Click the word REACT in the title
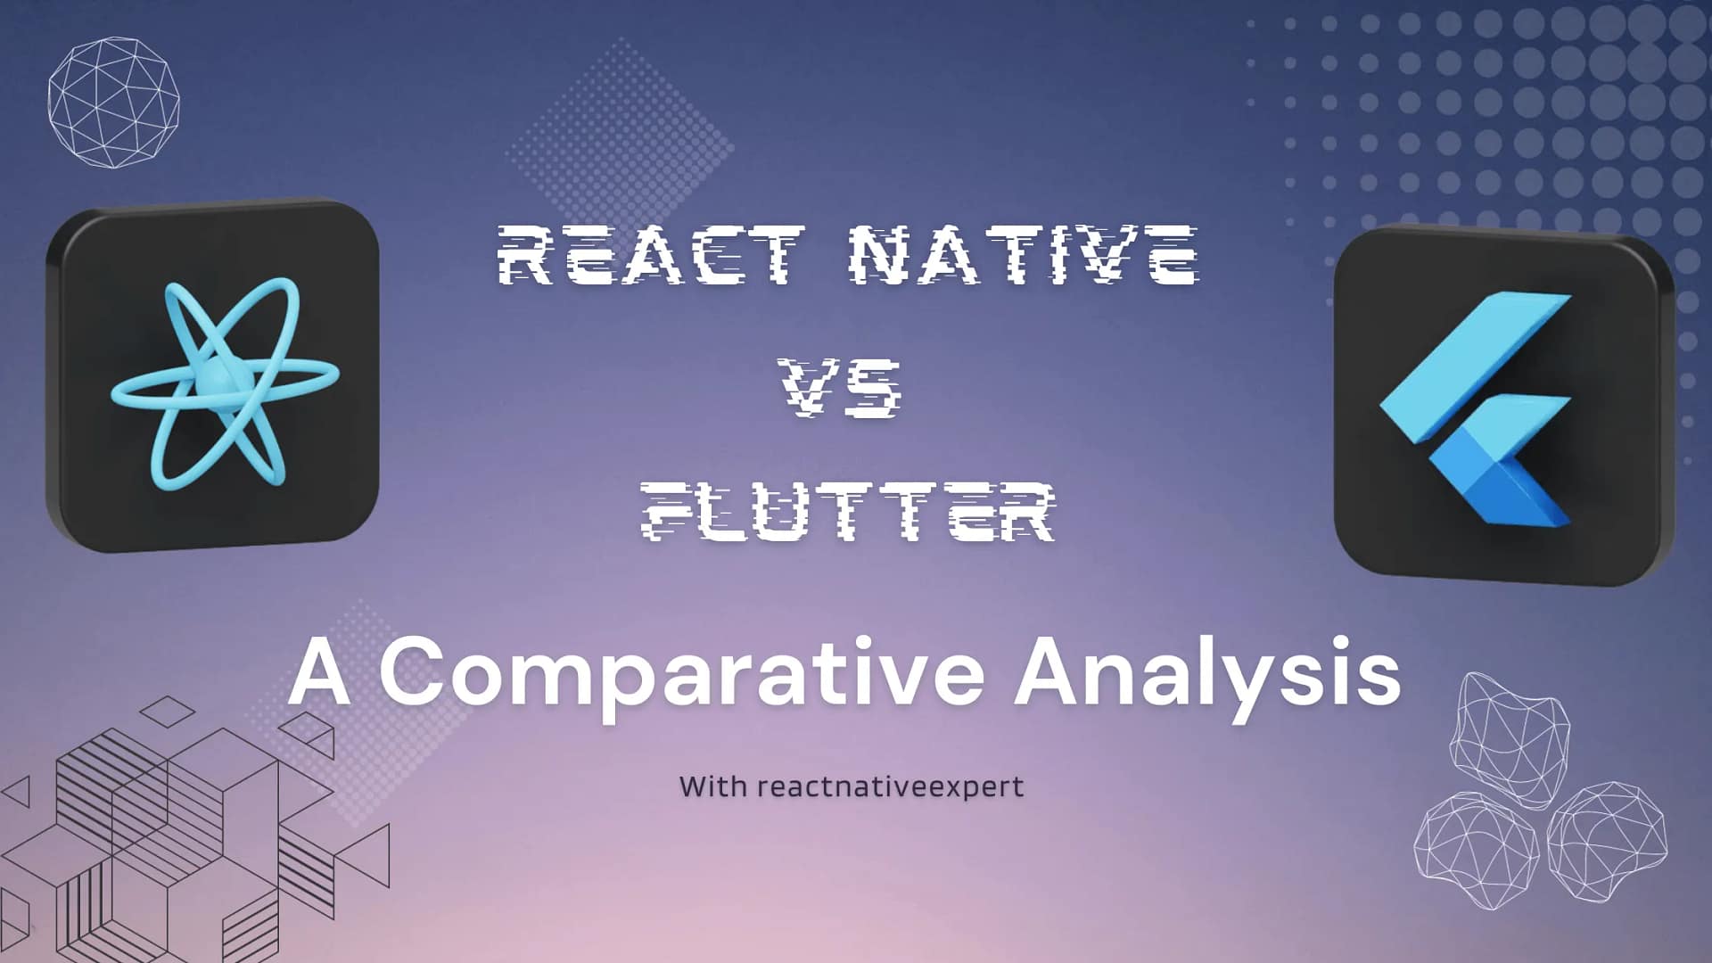coord(648,255)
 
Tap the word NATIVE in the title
coord(1023,255)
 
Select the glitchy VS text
coord(841,387)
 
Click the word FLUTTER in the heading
coord(848,512)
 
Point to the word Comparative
coord(682,675)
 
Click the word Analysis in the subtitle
coord(1208,675)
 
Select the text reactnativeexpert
coord(890,787)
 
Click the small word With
coord(713,786)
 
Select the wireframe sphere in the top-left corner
coord(113,102)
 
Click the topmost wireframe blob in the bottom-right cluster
coord(1509,739)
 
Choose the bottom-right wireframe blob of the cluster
coord(1607,841)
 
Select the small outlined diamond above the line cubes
coord(168,712)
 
